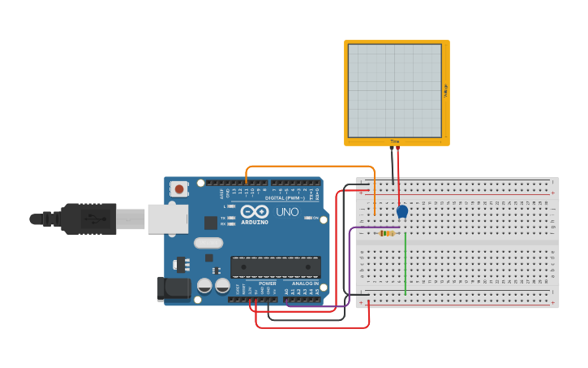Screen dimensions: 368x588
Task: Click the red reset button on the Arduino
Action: pos(178,188)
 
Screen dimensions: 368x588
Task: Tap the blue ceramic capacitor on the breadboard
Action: pos(402,211)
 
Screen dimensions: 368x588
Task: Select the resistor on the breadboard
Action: pos(388,233)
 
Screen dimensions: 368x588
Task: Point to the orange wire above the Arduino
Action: pos(308,167)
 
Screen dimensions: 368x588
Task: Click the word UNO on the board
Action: pos(288,212)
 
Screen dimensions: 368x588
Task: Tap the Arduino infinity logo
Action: pos(254,211)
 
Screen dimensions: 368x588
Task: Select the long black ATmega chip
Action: pos(275,266)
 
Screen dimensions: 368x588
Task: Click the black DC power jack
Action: pos(173,288)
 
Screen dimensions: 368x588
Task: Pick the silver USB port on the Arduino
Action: pos(168,219)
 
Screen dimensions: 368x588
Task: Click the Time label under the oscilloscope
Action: pos(395,141)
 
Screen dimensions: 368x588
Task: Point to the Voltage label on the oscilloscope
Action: pos(445,90)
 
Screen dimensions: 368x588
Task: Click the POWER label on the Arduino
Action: pos(268,284)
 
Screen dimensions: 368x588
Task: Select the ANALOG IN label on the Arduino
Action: pos(305,284)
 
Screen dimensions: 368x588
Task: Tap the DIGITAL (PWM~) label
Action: pos(285,197)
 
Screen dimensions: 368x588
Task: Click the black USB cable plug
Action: pos(88,219)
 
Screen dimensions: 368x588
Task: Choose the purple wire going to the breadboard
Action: pos(350,268)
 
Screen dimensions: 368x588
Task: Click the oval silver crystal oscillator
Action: pos(208,242)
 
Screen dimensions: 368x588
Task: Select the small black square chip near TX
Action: pos(211,222)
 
